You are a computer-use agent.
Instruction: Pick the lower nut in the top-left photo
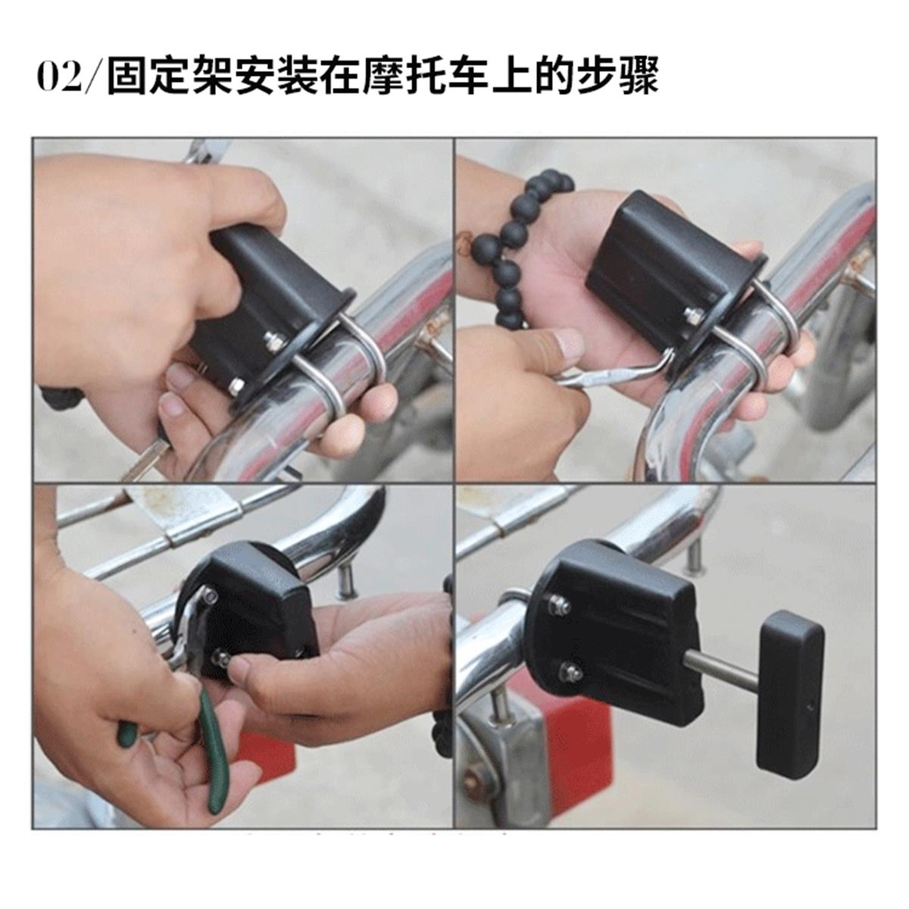pyautogui.click(x=236, y=387)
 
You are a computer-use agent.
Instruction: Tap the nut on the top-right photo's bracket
pyautogui.click(x=694, y=316)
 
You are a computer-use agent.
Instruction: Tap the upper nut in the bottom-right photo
pyautogui.click(x=559, y=604)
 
